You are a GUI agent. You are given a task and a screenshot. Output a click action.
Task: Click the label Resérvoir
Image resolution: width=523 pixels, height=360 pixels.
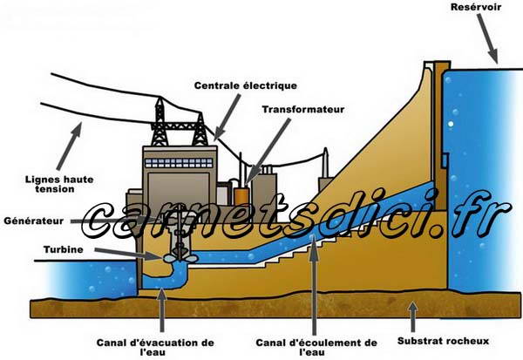(x=476, y=7)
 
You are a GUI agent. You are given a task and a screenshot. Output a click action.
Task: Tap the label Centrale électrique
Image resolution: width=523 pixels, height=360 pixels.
(x=246, y=85)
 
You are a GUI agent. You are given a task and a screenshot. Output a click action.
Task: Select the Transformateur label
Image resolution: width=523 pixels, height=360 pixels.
(x=302, y=110)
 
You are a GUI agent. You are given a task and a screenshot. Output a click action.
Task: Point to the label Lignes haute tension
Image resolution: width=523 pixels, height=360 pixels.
(x=59, y=184)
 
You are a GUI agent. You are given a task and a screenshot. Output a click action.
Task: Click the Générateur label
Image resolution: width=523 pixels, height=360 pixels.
(x=34, y=221)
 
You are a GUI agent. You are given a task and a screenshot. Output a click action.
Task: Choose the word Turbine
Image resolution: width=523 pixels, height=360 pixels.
(x=64, y=249)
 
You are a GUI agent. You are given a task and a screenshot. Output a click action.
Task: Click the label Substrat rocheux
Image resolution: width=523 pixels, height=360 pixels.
(x=443, y=341)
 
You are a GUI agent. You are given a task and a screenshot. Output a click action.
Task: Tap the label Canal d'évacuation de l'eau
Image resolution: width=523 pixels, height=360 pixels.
(x=155, y=347)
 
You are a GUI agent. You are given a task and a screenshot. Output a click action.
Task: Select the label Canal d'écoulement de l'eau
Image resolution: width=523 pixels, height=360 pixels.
(x=316, y=347)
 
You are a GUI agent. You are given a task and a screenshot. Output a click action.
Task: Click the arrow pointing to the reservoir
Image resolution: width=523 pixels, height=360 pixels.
(x=487, y=38)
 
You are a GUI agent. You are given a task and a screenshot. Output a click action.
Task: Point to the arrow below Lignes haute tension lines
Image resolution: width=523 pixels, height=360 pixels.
(x=69, y=146)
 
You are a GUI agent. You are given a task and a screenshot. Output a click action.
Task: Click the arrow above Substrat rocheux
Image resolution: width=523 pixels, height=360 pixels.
(x=413, y=316)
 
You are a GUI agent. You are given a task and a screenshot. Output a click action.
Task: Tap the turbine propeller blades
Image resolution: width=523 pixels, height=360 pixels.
(x=180, y=258)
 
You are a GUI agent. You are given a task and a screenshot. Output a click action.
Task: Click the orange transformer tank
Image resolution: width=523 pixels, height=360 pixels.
(x=241, y=196)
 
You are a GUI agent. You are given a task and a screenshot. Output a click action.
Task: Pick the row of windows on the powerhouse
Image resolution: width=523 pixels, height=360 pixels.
(x=179, y=163)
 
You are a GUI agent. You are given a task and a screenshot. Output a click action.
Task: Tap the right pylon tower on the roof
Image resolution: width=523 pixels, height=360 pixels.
(x=200, y=129)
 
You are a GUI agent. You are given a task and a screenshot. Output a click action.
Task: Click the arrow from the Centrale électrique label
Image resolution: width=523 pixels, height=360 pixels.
(x=227, y=117)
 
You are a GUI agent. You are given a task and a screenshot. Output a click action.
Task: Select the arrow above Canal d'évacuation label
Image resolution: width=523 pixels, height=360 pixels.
(x=162, y=310)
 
